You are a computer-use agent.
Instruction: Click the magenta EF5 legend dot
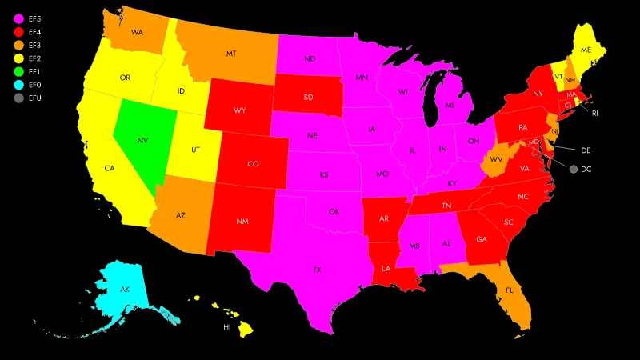(18, 18)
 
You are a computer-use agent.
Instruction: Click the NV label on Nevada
(142, 140)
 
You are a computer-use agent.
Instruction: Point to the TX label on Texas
(317, 270)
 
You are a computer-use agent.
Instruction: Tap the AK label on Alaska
(125, 289)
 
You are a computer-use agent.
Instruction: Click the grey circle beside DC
(574, 170)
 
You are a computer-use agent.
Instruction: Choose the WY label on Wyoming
(240, 110)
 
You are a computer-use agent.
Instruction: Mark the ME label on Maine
(586, 50)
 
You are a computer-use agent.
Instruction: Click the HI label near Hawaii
(226, 326)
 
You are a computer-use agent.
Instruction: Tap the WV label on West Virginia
(495, 159)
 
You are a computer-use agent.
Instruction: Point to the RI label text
(594, 114)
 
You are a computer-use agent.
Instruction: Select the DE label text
(585, 150)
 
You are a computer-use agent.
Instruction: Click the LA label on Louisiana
(386, 268)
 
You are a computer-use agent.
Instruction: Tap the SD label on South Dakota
(308, 98)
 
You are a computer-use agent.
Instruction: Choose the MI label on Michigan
(449, 106)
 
